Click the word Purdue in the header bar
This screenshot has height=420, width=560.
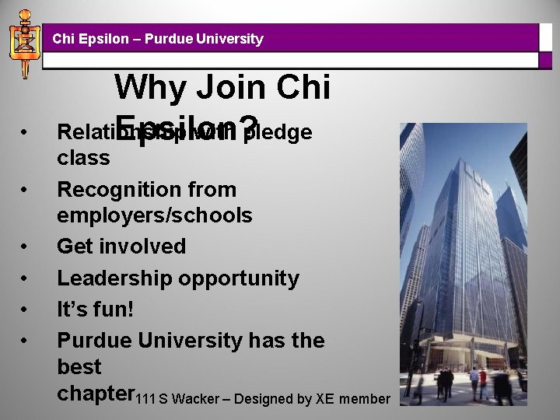tap(162, 38)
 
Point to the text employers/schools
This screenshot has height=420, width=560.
tap(155, 215)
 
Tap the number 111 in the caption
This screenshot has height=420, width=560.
tap(145, 399)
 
